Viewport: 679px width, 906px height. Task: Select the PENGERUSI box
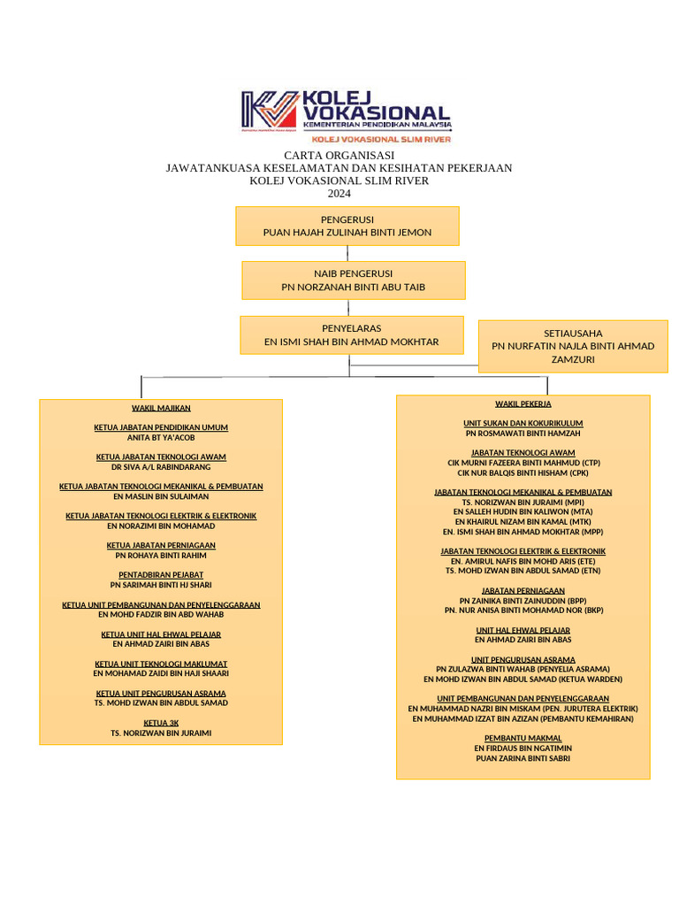[347, 226]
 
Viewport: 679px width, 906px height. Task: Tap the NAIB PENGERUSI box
[354, 280]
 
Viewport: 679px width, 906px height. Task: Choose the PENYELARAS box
[352, 335]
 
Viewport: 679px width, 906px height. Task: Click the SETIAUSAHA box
[573, 346]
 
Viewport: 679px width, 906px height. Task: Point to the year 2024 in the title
[339, 194]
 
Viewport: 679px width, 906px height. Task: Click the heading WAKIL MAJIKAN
[161, 408]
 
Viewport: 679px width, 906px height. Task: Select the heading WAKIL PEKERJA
[523, 403]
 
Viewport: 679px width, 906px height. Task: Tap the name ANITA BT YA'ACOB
[161, 438]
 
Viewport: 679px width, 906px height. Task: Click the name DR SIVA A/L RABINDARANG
[161, 467]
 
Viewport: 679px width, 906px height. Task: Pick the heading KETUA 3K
[161, 723]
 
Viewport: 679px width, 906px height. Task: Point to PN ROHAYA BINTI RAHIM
[161, 556]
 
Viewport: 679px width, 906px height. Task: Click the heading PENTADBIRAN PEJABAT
[161, 575]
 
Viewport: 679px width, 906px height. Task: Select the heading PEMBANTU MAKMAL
[523, 738]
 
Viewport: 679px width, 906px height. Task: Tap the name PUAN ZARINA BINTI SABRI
[523, 758]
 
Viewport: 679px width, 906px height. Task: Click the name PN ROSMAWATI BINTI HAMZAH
[523, 434]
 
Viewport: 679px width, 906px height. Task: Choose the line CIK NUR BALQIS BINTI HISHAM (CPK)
[523, 472]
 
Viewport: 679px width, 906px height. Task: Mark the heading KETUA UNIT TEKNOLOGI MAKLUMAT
[161, 664]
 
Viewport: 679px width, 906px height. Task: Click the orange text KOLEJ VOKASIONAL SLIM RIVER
[381, 139]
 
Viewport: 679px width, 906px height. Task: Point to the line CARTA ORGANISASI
[339, 156]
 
